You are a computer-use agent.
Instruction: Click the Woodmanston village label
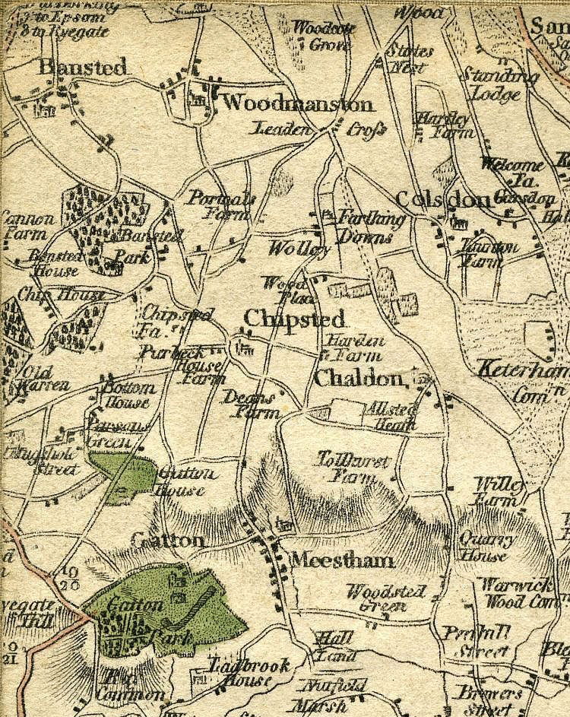(299, 104)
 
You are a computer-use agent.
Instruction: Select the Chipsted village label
(295, 319)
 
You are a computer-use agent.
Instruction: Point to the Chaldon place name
(357, 378)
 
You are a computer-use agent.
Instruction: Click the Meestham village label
(343, 561)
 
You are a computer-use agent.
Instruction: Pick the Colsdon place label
(444, 200)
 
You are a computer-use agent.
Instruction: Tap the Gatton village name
(167, 541)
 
